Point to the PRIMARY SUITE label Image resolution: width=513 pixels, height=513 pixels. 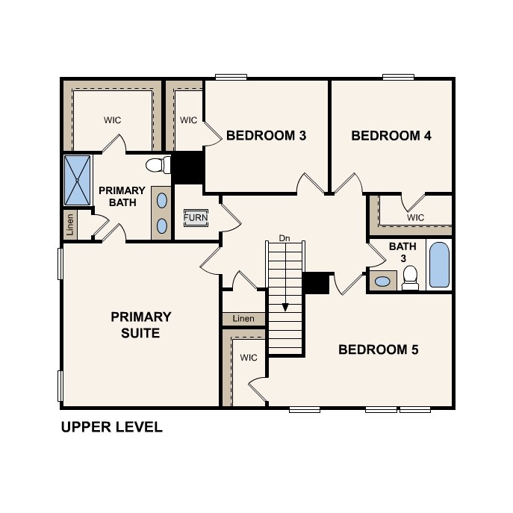tap(141, 325)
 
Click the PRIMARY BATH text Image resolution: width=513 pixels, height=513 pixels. tap(122, 196)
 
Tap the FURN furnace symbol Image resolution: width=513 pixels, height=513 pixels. tap(196, 218)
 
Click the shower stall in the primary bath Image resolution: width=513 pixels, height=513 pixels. tap(78, 179)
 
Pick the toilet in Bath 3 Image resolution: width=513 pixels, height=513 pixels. tap(409, 278)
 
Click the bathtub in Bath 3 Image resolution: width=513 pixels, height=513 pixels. tap(440, 265)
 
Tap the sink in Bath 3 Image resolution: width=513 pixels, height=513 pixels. tap(382, 282)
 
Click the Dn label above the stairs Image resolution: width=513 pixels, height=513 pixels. tap(284, 238)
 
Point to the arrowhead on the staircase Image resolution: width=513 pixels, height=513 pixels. tap(285, 307)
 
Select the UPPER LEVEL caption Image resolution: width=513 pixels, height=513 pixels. tap(111, 428)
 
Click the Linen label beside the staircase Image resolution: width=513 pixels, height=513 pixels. tap(243, 319)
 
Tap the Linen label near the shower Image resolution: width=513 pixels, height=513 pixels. tap(70, 224)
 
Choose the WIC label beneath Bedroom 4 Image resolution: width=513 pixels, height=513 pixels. tap(416, 217)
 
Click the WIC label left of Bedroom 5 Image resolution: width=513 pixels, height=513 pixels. tap(249, 358)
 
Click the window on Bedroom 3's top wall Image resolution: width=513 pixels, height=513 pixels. tap(231, 76)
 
